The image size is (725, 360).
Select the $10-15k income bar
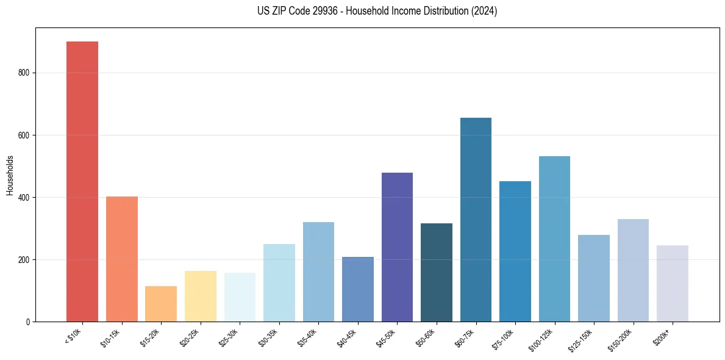121,259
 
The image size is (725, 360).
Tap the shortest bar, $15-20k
161,303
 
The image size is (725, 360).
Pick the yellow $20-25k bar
200,296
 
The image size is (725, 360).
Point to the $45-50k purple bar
397,247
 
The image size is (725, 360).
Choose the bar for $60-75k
476,220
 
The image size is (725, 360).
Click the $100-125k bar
554,239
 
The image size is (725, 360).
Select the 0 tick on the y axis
27,322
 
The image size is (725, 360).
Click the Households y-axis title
10,175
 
